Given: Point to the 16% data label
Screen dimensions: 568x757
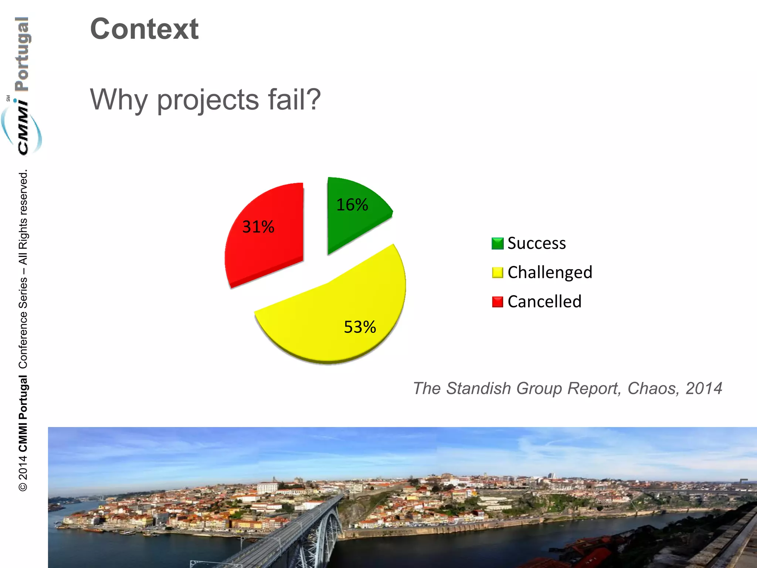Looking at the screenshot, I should point(352,204).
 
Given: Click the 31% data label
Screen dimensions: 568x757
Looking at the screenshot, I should point(258,227).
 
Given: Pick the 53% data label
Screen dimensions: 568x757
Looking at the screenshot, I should point(360,327).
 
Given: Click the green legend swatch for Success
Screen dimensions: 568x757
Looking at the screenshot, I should point(498,243).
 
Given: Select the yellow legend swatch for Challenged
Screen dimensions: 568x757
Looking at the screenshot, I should point(498,273).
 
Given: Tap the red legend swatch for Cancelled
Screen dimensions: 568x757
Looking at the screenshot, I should point(498,302).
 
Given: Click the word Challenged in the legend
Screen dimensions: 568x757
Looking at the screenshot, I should point(550,273).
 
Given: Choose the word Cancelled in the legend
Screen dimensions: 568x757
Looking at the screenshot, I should point(544,302).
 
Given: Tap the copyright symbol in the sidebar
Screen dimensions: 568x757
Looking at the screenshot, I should point(23,487).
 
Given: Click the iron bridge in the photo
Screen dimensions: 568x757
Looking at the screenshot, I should point(307,532).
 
